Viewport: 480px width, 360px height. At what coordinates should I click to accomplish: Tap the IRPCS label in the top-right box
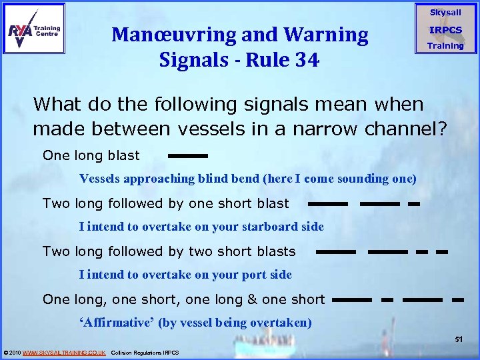coord(445,30)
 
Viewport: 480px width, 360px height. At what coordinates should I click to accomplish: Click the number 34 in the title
coord(304,60)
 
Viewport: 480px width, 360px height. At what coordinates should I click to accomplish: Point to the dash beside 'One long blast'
coord(187,156)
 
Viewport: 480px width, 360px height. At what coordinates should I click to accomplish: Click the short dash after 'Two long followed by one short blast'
coord(413,204)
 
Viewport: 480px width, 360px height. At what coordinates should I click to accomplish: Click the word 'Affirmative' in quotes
coord(117,323)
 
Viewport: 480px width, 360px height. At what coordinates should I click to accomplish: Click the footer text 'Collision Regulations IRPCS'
coord(145,352)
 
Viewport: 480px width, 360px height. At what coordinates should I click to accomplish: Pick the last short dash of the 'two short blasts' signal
coord(441,252)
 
